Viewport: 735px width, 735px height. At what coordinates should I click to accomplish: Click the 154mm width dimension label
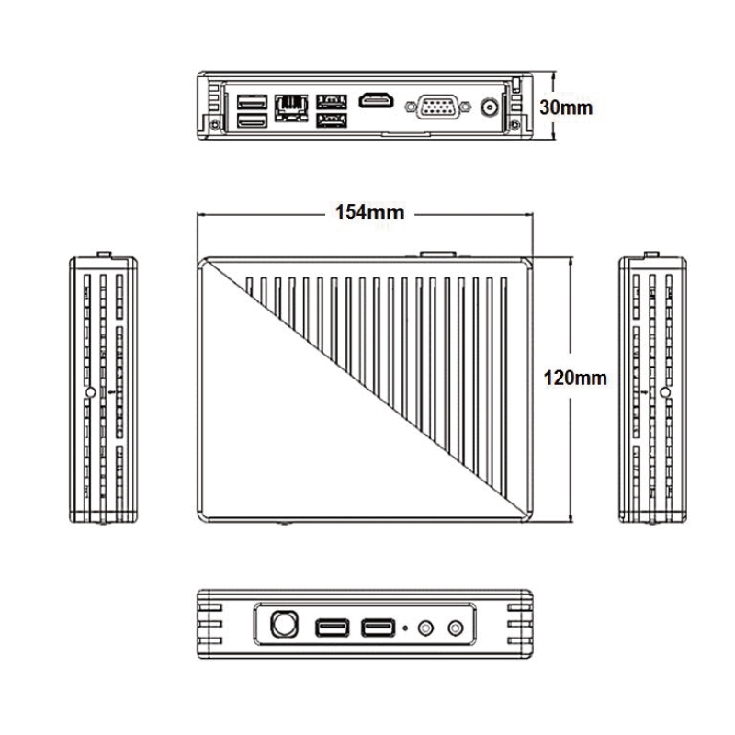369,212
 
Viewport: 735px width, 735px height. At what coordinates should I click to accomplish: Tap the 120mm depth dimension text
575,378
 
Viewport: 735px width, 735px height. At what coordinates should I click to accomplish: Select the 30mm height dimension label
566,107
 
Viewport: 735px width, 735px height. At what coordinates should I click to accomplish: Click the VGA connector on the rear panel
438,107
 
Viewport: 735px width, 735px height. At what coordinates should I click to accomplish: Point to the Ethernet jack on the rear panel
291,108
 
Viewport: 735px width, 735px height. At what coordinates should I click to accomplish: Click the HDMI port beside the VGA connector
376,101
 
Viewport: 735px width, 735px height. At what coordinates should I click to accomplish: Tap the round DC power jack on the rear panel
490,108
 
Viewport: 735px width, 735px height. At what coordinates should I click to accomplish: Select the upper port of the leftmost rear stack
252,102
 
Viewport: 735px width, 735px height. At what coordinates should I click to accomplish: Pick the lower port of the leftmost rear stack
252,121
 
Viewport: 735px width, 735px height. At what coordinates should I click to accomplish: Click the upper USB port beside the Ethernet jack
332,102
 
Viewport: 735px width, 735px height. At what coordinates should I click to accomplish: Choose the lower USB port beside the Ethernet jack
332,120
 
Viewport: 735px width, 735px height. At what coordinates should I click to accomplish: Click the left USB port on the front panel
332,628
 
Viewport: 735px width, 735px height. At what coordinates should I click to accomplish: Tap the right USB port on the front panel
378,628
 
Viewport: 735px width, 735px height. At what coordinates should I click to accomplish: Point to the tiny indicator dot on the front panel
405,628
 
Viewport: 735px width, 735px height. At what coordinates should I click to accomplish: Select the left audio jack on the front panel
425,628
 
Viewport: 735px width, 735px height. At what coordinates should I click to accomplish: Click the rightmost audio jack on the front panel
456,628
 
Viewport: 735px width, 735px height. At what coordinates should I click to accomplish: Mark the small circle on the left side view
91,392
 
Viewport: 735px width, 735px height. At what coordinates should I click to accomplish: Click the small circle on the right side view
665,392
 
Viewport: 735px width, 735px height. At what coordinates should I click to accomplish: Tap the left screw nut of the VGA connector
411,107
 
